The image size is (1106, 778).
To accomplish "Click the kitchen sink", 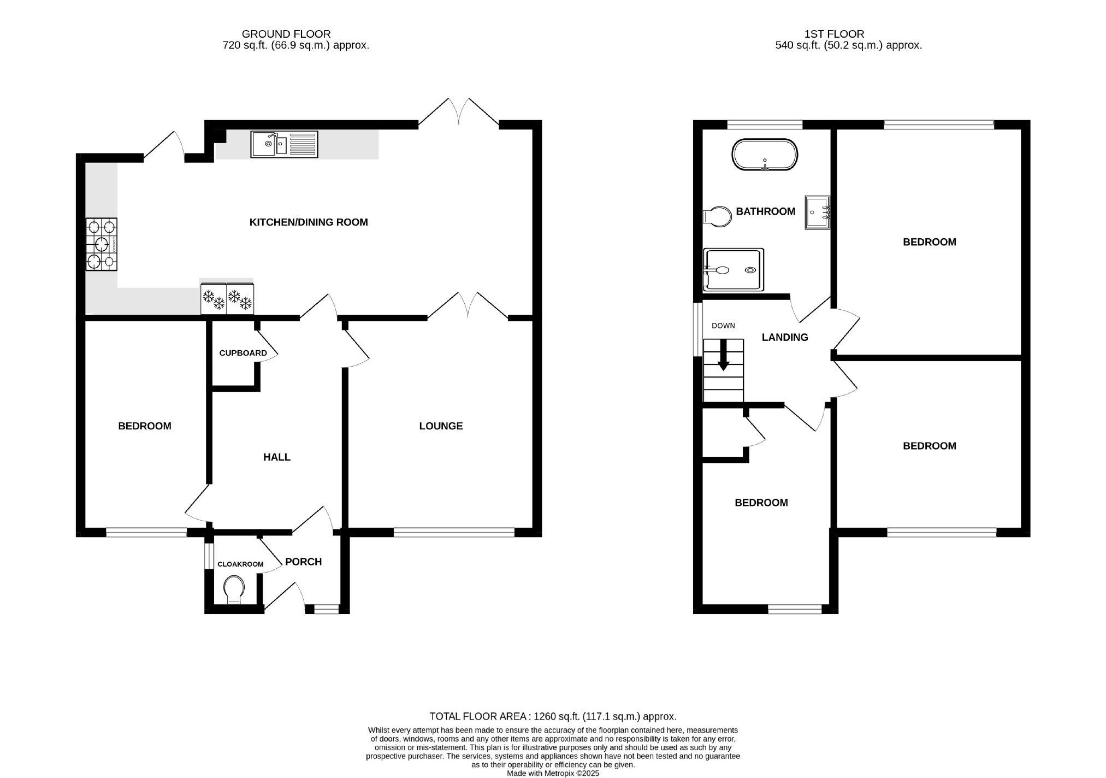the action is pos(284,144).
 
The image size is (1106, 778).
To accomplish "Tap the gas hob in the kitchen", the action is pos(102,244).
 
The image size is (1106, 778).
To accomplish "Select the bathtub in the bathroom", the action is pos(765,155).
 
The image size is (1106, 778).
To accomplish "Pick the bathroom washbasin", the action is pos(817,213).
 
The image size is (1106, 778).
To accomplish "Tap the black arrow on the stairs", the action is pos(723,355).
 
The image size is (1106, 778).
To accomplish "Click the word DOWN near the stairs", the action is pos(723,326).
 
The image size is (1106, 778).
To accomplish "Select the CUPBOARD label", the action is pos(243,353).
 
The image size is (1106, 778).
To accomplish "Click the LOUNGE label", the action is pos(441,426).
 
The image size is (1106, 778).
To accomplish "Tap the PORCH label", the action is pos(304,562).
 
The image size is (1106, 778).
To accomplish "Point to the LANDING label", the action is pos(785,338).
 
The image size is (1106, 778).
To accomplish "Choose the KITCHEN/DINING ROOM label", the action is pos(309,222).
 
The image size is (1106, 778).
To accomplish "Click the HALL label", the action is pos(277,457).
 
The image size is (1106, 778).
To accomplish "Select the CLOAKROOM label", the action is pos(240,564).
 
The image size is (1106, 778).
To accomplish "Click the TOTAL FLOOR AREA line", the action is pos(553,716).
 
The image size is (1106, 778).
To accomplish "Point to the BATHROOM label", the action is pos(765,211).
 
